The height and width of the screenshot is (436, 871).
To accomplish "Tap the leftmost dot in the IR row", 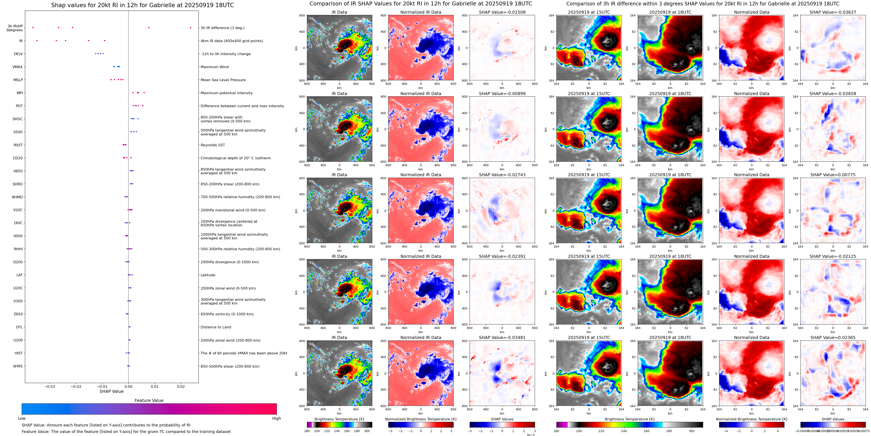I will click(x=37, y=41).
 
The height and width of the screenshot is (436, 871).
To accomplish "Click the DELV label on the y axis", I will click(x=18, y=54).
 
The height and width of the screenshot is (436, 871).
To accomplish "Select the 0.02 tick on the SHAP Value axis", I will click(x=180, y=386).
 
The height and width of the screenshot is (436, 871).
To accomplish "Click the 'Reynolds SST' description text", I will click(x=212, y=145).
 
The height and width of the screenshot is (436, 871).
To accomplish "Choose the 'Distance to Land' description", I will click(x=216, y=327).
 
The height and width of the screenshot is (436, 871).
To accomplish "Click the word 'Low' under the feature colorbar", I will click(x=22, y=418).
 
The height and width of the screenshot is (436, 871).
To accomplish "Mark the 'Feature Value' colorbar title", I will click(x=149, y=400).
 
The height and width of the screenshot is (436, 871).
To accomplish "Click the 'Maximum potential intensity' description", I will click(x=226, y=93).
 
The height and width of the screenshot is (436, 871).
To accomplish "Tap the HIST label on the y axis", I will click(x=19, y=353).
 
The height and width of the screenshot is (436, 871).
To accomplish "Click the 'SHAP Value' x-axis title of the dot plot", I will click(x=111, y=391).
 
